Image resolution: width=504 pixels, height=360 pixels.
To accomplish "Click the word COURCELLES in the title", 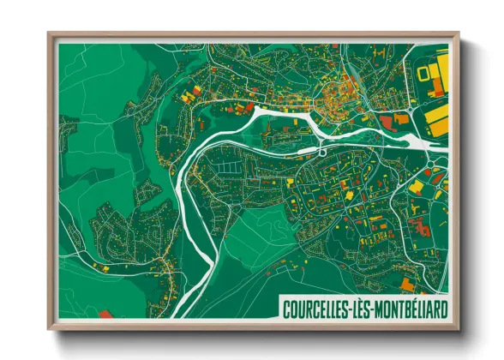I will point(321,307).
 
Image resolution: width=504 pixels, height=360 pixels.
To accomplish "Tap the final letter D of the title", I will point(442,307).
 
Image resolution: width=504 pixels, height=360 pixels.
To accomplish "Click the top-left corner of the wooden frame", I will point(49,34).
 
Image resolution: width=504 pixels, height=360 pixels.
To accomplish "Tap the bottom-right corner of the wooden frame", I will point(459,329).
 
